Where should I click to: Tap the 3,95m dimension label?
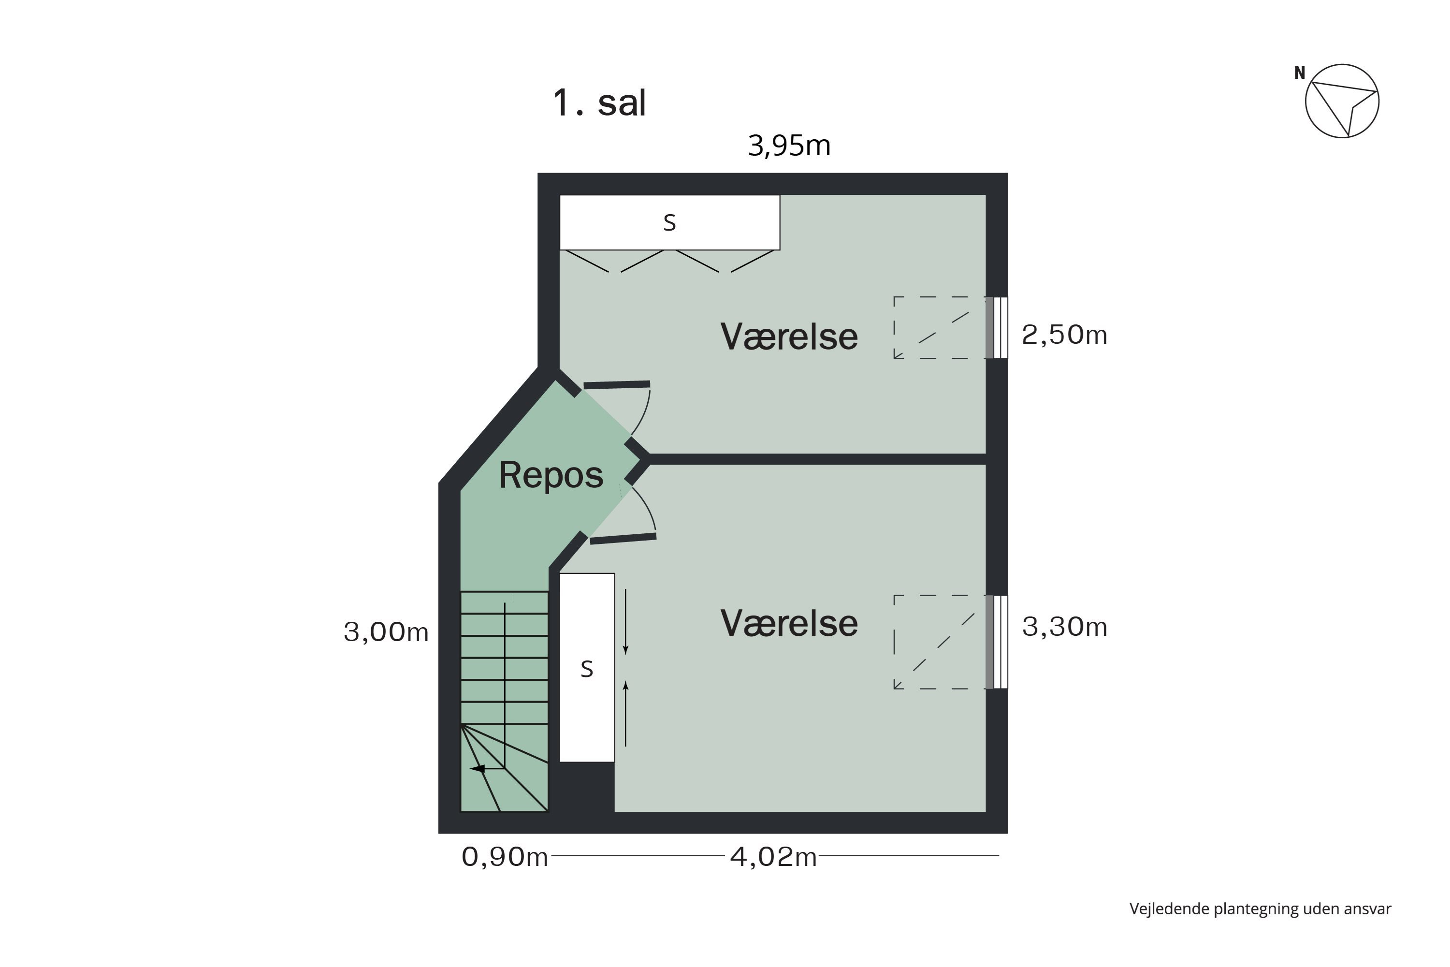tap(789, 146)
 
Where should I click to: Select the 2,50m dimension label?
tap(1064, 335)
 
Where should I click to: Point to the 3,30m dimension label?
tap(1064, 627)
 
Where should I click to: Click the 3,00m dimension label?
tap(386, 632)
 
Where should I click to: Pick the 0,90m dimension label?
tap(504, 857)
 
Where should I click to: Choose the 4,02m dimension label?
tap(773, 857)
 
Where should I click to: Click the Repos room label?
tap(551, 475)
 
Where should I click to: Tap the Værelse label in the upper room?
tap(789, 337)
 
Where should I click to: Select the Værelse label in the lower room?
tap(789, 624)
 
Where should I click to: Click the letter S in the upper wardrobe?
tap(669, 222)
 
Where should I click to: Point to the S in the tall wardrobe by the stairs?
tap(587, 669)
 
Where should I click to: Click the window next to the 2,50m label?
tap(997, 327)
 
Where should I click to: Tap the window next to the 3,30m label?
tap(997, 642)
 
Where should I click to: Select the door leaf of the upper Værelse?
tap(617, 385)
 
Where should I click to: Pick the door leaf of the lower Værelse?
tap(623, 539)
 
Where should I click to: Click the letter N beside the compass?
tap(1299, 73)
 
